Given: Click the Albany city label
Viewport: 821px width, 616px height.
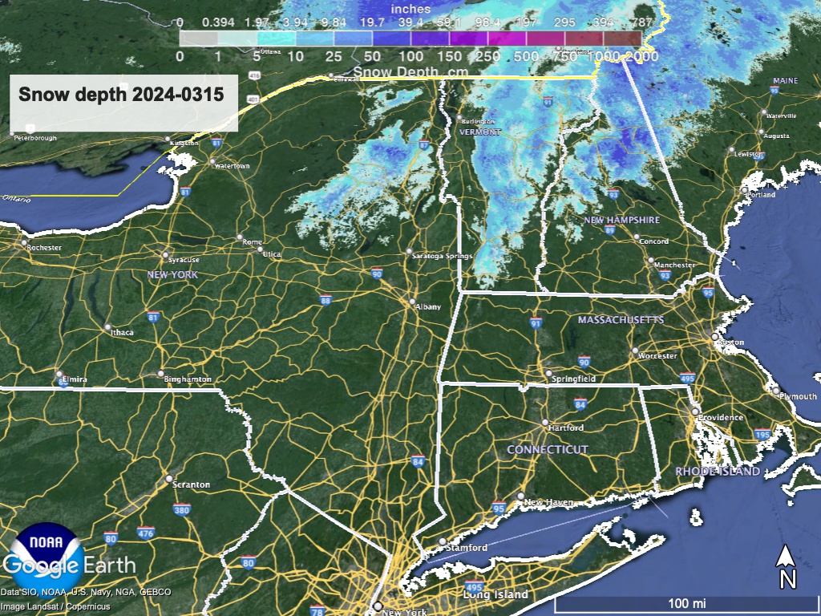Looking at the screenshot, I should (x=428, y=306).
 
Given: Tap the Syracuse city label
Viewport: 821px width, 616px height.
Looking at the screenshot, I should (x=184, y=260).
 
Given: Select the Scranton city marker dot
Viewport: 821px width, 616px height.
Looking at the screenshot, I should (x=169, y=479).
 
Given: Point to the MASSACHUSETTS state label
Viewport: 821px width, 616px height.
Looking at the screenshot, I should (x=621, y=320).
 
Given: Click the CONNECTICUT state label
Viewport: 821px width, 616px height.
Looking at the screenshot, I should (x=548, y=450).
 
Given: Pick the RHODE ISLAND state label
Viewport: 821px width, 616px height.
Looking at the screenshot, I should (x=718, y=472).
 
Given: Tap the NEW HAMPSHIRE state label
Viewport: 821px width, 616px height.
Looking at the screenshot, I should (x=621, y=220).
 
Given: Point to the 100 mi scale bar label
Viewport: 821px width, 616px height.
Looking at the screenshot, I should (x=686, y=602).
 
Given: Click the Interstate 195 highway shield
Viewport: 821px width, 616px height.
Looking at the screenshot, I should (x=763, y=434).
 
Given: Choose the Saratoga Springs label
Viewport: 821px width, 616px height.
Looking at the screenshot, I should (x=441, y=256).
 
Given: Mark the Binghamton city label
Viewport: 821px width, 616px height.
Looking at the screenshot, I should (x=189, y=379).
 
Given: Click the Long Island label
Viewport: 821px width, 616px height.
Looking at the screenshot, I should (x=495, y=594).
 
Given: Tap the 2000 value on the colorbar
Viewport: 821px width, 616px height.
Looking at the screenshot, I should (x=644, y=56).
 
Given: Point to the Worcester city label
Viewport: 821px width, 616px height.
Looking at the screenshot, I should (x=658, y=355).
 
